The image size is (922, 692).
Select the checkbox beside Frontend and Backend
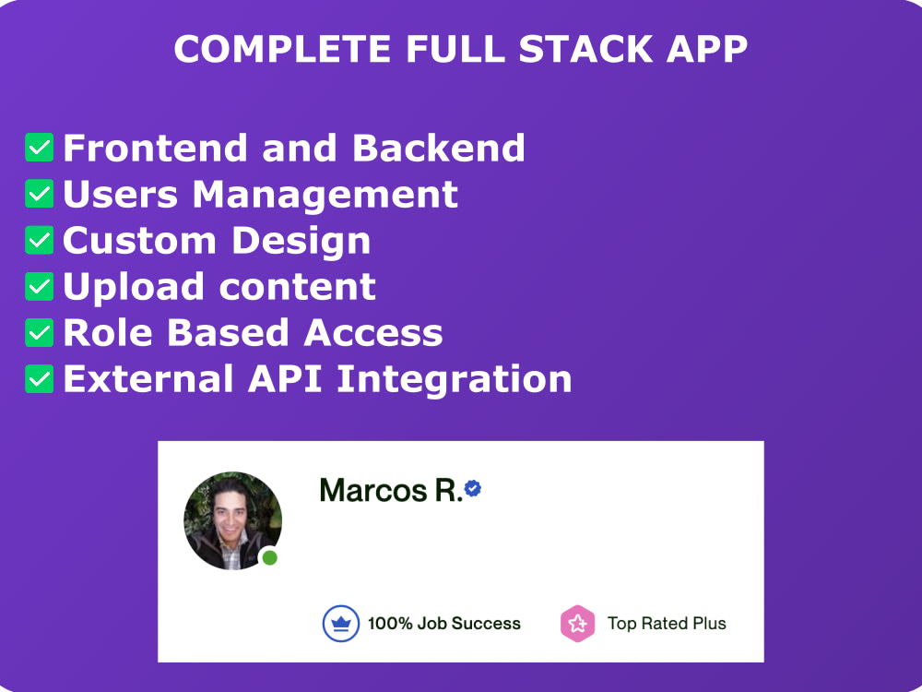click(40, 148)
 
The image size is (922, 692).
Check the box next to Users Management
click(40, 194)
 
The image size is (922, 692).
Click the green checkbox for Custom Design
click(40, 240)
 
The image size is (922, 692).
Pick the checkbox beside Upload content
click(40, 286)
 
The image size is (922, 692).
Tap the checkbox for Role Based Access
click(40, 332)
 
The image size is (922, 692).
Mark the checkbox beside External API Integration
click(40, 378)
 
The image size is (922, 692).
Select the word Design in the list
click(301, 240)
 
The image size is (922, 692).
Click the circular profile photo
click(232, 519)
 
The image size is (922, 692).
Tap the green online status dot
click(269, 557)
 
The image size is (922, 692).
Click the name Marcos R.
click(390, 490)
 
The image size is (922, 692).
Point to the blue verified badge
click(473, 488)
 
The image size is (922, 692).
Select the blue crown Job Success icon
click(340, 624)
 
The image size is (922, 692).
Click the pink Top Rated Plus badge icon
click(577, 624)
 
